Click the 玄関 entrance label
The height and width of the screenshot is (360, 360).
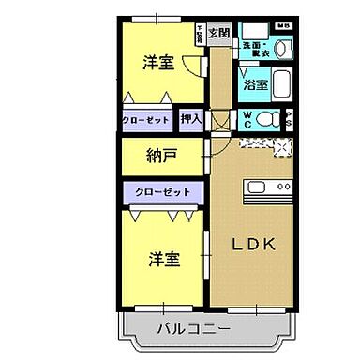click(218, 34)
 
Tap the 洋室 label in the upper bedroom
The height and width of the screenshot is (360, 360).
click(157, 63)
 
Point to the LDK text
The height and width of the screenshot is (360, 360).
click(253, 245)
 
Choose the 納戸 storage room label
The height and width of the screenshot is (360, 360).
click(161, 156)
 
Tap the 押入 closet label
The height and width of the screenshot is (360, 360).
click(191, 120)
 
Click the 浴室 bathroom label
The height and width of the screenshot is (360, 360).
click(256, 84)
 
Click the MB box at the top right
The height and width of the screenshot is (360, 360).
click(283, 25)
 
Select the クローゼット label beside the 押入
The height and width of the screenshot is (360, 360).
click(146, 120)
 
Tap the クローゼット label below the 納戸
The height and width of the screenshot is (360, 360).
click(162, 191)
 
